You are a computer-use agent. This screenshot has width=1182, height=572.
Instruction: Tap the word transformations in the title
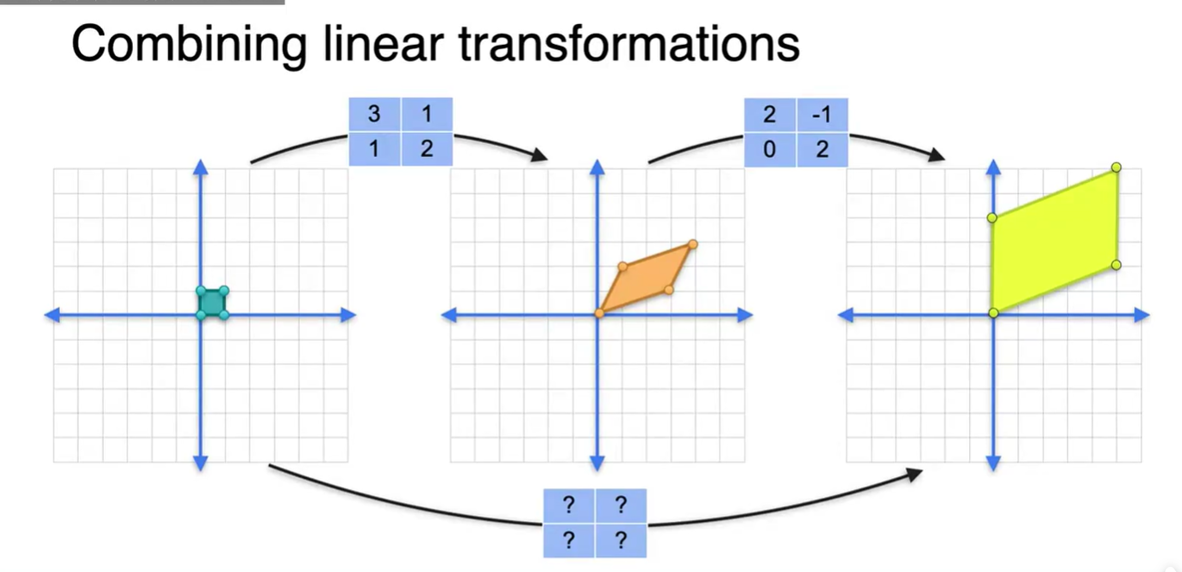tap(629, 43)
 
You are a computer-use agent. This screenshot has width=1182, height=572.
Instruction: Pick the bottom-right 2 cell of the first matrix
tap(427, 149)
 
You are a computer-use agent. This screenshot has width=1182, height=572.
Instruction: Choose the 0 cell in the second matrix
tap(769, 149)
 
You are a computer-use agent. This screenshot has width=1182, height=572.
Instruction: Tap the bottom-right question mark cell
tap(620, 541)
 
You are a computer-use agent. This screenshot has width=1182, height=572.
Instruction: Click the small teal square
tap(212, 303)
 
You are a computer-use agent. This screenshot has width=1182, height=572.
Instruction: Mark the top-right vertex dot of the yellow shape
tap(1116, 167)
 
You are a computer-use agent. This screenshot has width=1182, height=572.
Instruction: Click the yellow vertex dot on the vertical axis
tap(992, 217)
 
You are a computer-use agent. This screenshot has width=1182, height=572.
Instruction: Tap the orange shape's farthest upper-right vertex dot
tap(692, 245)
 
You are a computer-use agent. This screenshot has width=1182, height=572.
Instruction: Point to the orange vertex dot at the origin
tap(599, 313)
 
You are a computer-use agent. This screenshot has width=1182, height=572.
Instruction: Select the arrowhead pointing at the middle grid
tap(540, 156)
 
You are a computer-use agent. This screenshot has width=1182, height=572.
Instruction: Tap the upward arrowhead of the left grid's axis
tap(201, 167)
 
